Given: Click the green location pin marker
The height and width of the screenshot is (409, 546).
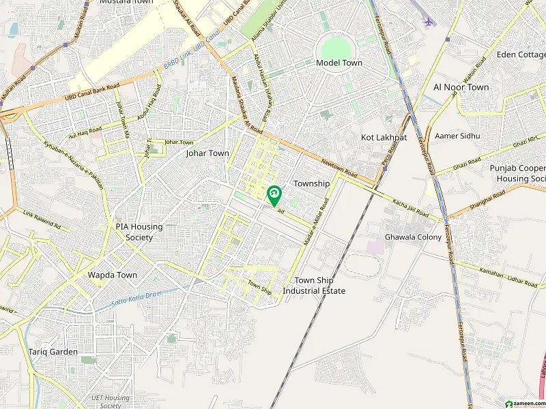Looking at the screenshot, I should (274, 195).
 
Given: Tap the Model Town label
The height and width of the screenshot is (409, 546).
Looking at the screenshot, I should (339, 63).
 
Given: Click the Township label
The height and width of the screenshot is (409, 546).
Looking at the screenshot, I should (311, 183).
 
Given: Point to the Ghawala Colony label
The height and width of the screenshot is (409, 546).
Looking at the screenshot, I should (413, 237).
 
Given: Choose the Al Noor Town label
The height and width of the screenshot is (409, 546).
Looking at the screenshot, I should (461, 87).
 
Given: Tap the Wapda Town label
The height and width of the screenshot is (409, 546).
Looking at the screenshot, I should (113, 275).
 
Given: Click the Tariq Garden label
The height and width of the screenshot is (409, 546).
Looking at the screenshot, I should (53, 352).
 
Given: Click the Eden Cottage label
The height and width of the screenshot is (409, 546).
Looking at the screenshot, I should (520, 55).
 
